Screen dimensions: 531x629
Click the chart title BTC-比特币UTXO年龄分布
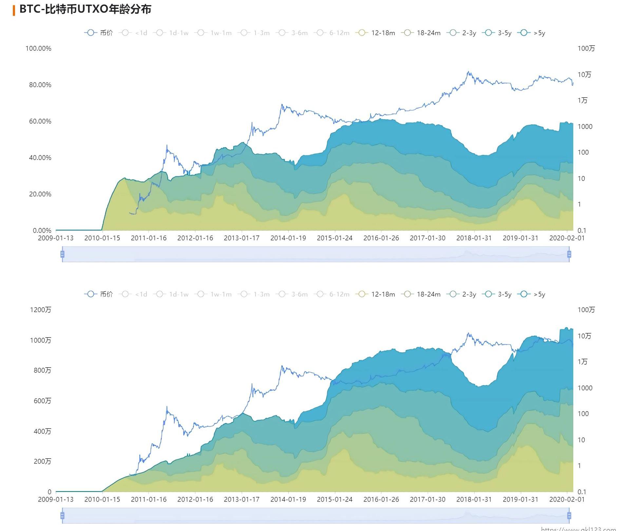coord(85,9)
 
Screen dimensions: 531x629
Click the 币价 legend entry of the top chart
coord(99,33)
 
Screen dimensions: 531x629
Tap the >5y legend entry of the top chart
coord(531,33)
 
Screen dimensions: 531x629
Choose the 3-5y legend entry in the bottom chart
coord(497,294)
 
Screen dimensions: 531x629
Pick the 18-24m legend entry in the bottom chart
coord(422,294)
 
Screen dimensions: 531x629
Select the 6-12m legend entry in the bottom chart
coord(332,294)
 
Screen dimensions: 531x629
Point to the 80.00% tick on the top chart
coord(40,85)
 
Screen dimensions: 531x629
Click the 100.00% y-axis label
coord(38,48)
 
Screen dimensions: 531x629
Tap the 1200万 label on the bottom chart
coord(41,310)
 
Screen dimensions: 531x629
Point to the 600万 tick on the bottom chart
coord(42,401)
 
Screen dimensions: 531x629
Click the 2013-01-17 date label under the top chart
coord(241,238)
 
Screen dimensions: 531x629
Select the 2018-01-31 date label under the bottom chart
coord(474,500)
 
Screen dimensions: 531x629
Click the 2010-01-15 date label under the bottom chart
coord(102,500)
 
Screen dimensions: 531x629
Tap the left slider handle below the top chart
coord(62,254)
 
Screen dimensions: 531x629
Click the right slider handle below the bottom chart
coord(569,516)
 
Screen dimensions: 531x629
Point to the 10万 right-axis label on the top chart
coord(584,75)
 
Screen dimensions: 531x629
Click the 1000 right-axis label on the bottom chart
coord(585,388)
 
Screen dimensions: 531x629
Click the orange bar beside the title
coord(14,10)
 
